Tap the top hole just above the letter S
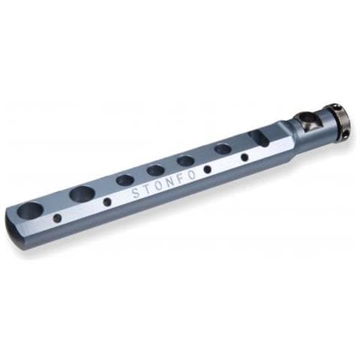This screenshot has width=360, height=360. (x=125, y=181)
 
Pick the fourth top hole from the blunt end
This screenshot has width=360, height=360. (x=156, y=170)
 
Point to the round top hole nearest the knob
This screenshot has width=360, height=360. (x=223, y=148)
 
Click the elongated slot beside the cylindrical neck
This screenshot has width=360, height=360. (x=258, y=137)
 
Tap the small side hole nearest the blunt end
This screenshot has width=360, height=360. (x=57, y=218)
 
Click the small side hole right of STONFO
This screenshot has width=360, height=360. (x=208, y=169)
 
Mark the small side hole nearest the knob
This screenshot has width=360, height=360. (x=244, y=157)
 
